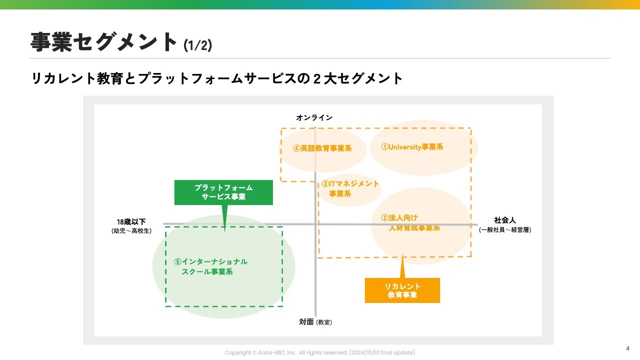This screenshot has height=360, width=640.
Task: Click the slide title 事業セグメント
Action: coord(104,42)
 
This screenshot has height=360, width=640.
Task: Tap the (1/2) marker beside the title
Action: coord(197,45)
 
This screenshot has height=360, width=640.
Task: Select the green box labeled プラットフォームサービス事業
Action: coord(223,192)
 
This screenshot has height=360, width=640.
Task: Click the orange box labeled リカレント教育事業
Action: coord(402,290)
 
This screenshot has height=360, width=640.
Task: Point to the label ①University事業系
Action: coord(412,147)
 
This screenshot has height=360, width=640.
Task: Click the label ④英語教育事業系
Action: coord(322,148)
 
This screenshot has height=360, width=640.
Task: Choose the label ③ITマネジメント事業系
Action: coord(350,189)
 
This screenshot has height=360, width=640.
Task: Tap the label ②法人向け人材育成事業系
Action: coord(410,223)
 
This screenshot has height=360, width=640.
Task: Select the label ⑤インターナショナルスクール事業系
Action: coord(210,266)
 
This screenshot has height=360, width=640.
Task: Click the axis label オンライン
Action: coord(314,117)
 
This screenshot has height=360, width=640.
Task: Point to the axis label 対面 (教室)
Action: coord(315,322)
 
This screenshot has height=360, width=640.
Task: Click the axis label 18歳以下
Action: coord(131,221)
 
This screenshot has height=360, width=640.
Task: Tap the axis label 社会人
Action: coord(504,220)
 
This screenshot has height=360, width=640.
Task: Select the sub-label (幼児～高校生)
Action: coord(131,230)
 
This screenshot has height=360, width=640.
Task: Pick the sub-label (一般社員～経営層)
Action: coord(504,230)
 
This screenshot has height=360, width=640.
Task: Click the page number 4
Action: coord(627,348)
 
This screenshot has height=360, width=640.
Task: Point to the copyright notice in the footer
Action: coord(319,352)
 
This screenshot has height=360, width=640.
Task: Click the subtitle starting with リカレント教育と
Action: coord(217,78)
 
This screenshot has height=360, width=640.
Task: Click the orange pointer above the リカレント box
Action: coord(402,267)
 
